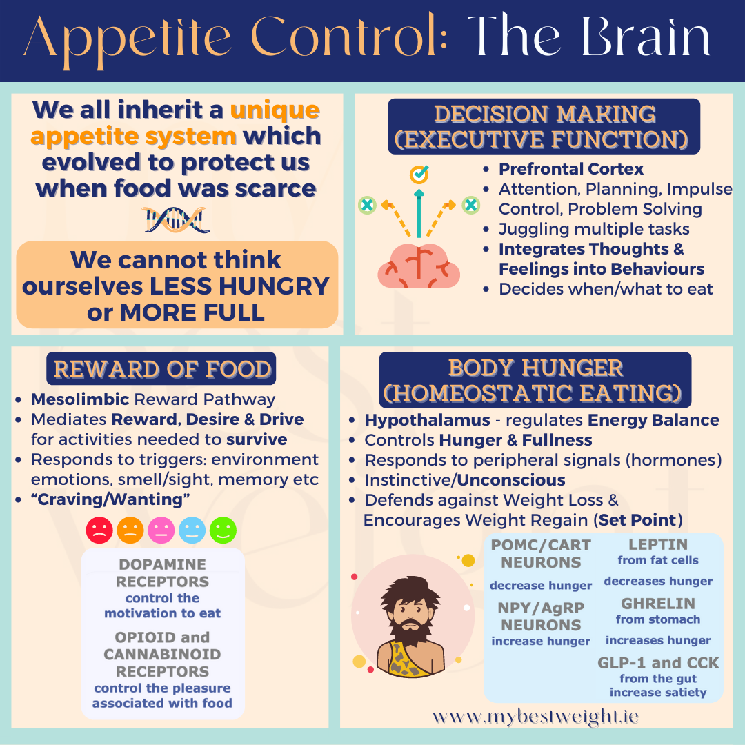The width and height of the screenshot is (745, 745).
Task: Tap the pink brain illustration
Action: click(419, 266)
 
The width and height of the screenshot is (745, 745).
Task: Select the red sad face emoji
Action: click(99, 530)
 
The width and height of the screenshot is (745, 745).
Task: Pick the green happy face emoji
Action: click(223, 530)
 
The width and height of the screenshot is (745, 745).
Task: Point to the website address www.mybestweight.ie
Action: click(535, 716)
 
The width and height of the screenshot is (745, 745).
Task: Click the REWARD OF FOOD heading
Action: click(161, 369)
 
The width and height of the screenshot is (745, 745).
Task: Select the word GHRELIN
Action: click(658, 604)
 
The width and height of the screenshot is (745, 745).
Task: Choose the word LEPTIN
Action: click(658, 544)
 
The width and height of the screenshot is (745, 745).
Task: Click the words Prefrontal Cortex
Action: click(571, 169)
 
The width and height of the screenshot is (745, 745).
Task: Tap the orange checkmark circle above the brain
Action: click(419, 174)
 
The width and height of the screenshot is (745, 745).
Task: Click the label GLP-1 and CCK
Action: click(658, 663)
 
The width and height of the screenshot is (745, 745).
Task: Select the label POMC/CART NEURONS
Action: click(541, 554)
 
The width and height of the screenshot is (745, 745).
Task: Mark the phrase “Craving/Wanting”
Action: click(110, 499)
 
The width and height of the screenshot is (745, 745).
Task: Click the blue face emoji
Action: click(192, 530)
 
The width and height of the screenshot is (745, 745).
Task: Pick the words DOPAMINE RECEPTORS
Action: click(163, 573)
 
